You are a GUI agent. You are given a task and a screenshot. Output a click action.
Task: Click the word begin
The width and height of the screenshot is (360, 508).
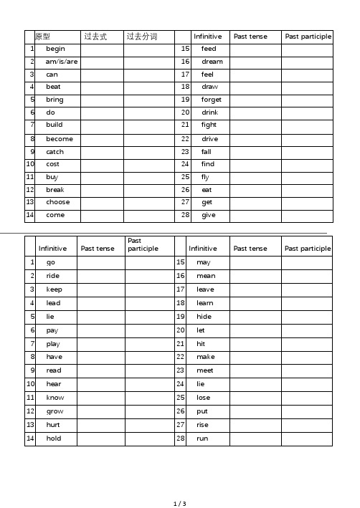(x=55, y=49)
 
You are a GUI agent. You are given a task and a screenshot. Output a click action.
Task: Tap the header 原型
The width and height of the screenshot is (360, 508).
(x=43, y=36)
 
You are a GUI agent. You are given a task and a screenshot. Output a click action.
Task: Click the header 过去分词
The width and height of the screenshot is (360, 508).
(x=141, y=36)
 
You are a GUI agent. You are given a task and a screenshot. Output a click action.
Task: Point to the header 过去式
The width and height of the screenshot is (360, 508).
(x=95, y=36)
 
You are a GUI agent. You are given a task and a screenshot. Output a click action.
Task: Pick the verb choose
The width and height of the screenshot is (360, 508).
(x=58, y=202)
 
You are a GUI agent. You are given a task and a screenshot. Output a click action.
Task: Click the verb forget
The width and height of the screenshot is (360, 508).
(x=212, y=100)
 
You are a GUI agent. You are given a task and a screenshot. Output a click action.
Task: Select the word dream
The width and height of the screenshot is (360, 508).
(x=212, y=62)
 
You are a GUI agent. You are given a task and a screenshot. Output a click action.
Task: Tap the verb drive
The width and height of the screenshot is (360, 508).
(x=209, y=138)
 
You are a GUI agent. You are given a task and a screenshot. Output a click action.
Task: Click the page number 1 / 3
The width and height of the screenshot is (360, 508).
(x=180, y=504)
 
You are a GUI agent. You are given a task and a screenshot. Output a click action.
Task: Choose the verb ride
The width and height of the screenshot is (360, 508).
(x=53, y=276)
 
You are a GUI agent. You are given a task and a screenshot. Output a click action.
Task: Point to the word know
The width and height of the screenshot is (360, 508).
(x=55, y=397)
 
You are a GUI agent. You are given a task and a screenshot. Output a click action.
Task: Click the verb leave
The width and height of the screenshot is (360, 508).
(x=205, y=289)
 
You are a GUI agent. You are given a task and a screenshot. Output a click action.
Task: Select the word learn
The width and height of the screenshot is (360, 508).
(x=205, y=303)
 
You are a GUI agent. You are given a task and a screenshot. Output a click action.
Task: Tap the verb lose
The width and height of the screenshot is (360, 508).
(x=204, y=397)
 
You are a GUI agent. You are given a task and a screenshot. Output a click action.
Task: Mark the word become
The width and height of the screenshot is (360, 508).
(x=60, y=138)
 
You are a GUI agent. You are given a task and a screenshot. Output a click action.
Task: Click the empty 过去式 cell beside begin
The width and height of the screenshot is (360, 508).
(x=101, y=49)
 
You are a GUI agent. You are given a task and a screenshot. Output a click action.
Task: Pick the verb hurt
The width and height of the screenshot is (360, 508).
(x=53, y=424)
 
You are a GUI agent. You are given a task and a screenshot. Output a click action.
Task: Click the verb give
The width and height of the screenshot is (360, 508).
(x=208, y=215)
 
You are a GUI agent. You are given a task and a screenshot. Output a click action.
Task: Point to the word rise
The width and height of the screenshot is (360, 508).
(x=203, y=424)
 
